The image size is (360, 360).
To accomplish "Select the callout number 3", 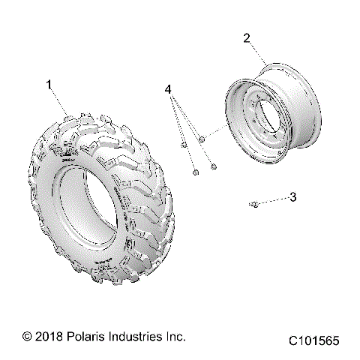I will [293, 197].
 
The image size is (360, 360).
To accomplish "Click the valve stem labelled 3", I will [256, 203].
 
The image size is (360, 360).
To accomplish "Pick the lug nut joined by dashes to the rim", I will [203, 138].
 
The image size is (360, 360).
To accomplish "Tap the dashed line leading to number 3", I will [274, 200].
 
